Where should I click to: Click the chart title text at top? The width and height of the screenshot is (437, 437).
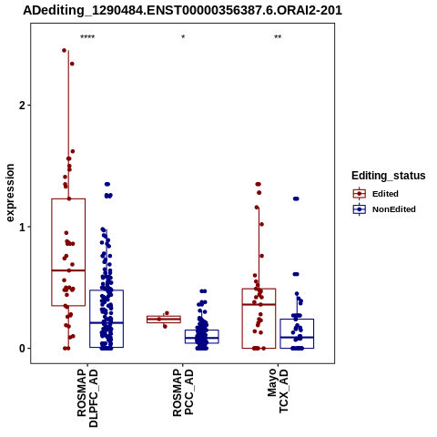(x=182, y=11)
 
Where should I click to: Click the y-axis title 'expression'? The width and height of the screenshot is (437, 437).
(x=10, y=193)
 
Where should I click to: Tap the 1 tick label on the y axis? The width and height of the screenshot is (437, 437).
(x=23, y=227)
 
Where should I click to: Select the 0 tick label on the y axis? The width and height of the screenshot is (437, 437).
(x=23, y=349)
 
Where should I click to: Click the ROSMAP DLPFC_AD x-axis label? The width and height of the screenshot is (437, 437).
(x=87, y=398)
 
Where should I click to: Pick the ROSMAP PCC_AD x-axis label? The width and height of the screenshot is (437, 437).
(x=183, y=392)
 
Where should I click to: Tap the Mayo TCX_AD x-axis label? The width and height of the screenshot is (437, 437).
(x=278, y=391)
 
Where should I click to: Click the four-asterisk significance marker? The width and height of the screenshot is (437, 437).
(x=87, y=37)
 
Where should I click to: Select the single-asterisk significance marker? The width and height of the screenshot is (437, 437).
(x=183, y=37)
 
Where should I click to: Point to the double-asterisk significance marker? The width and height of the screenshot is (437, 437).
(x=278, y=37)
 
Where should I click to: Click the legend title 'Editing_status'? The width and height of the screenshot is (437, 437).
(x=389, y=176)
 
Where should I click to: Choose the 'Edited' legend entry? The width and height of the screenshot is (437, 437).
(x=376, y=194)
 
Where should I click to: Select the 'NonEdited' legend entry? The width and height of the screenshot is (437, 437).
(x=384, y=209)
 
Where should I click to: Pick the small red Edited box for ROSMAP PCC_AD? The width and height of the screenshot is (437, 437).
(x=164, y=316)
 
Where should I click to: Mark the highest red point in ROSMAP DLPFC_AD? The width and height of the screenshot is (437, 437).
(x=64, y=50)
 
